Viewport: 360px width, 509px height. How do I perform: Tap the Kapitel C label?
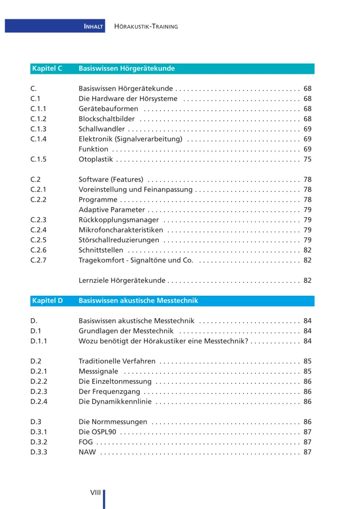coord(47,68)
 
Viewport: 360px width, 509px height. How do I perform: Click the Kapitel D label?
coord(47,301)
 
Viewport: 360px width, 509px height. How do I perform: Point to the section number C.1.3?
coord(38,129)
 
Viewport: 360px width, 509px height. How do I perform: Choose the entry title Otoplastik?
coord(95,159)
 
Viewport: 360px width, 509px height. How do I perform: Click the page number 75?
coord(307,159)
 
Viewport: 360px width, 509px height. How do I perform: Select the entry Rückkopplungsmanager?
coord(119,220)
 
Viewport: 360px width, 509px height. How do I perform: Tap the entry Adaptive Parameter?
coord(112,210)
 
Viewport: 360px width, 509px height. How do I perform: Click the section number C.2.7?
coord(38,260)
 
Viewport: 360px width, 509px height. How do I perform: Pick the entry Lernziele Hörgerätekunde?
coord(122,280)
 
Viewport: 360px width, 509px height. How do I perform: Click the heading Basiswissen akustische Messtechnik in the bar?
coord(138,301)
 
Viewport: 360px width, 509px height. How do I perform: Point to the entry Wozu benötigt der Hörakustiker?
coord(163,341)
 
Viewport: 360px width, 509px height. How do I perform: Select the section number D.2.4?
coord(38,402)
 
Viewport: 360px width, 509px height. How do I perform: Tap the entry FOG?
coord(86,442)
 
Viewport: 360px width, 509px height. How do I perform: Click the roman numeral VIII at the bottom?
coord(95,492)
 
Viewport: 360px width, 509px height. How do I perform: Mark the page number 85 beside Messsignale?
coord(307,372)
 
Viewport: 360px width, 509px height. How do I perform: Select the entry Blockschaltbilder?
coord(106,119)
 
